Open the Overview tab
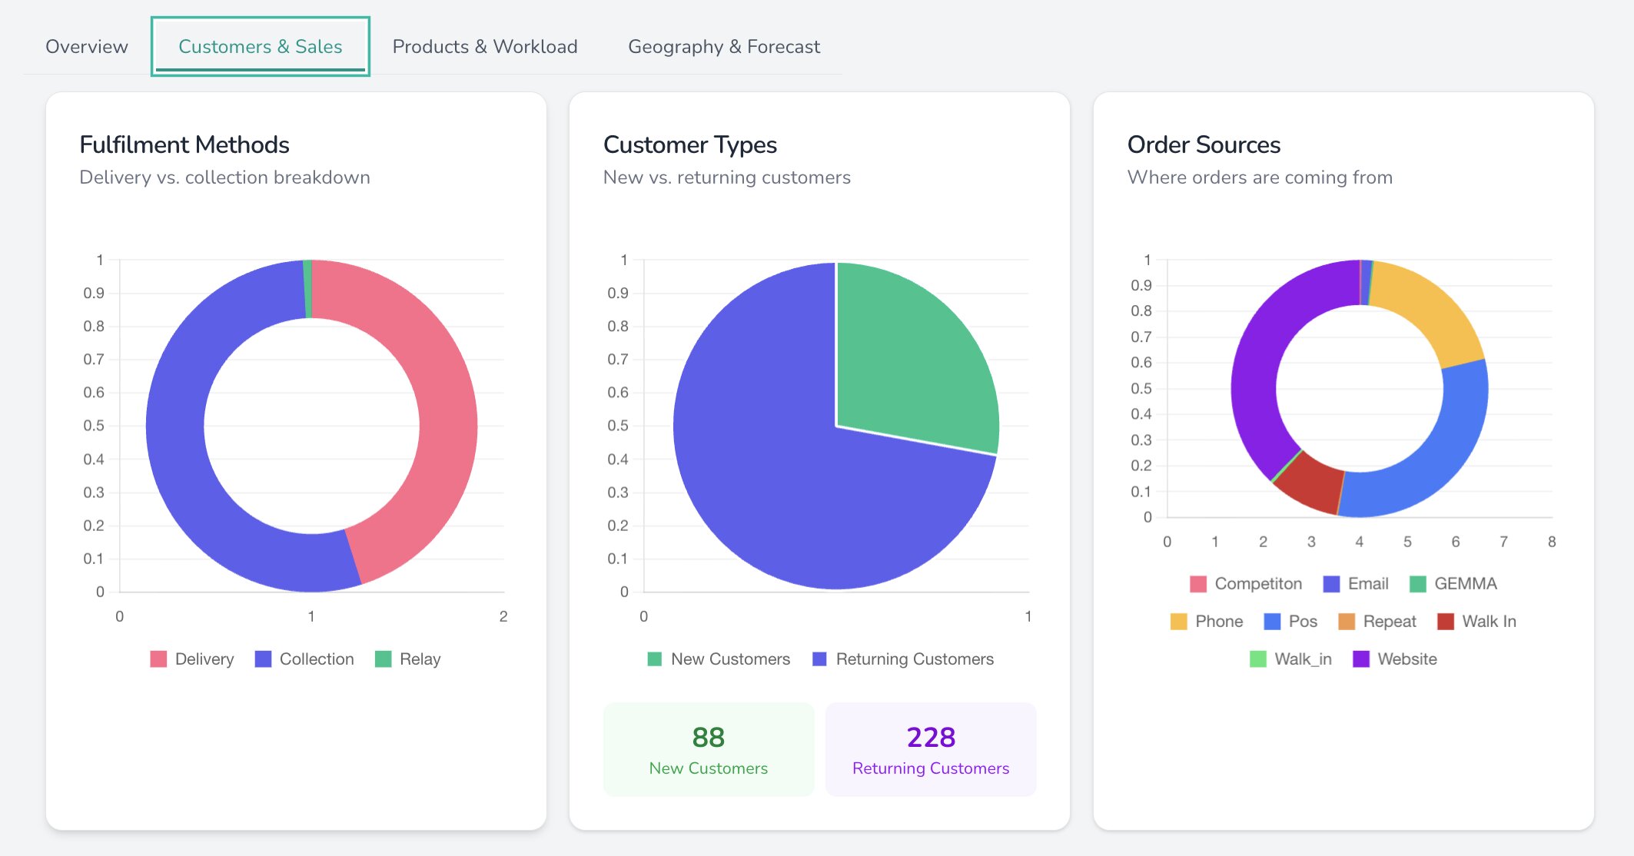pos(86,47)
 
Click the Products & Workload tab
pos(484,47)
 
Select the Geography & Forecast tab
pos(723,47)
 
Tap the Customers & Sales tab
pos(260,47)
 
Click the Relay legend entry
pos(408,659)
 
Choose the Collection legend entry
pos(305,659)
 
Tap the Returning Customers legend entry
pos(903,659)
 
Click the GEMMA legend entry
pos(1453,584)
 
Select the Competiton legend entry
pos(1246,584)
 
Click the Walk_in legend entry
pos(1291,659)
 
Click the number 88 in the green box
pos(708,738)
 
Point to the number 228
pos(931,738)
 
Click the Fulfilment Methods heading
pos(184,144)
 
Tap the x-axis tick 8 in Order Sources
pos(1552,542)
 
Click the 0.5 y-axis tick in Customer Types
pos(618,426)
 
